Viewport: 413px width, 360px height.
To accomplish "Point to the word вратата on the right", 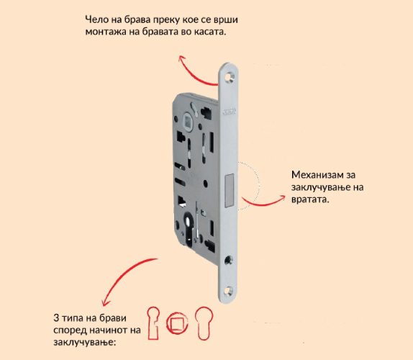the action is (x=310, y=199).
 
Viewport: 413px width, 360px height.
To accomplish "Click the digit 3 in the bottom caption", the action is (x=56, y=318).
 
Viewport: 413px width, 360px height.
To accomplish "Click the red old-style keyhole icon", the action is (x=153, y=323).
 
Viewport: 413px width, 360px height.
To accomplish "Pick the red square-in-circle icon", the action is (x=177, y=323).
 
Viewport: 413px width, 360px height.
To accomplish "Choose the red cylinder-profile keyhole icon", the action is (x=204, y=323).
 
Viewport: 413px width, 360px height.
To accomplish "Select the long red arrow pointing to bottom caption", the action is (x=124, y=276).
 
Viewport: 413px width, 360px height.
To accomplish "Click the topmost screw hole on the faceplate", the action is (x=230, y=76).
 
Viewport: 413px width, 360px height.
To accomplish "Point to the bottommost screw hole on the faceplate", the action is (x=229, y=291).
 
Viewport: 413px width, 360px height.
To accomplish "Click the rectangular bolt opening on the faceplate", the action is (x=229, y=190).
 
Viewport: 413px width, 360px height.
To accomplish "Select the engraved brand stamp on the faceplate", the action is (x=229, y=112).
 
